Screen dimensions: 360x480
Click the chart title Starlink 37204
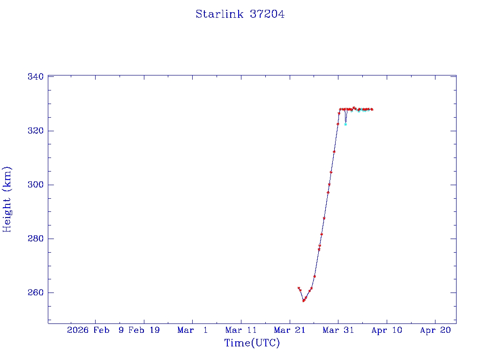tap(240, 15)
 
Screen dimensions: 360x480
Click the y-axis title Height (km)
tap(7, 199)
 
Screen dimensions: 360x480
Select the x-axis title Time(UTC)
tap(252, 343)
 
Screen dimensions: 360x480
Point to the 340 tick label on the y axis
tap(36, 76)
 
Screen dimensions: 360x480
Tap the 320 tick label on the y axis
tap(36, 131)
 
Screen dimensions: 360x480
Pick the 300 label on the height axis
tap(36, 185)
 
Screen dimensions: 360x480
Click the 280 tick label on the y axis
tap(36, 239)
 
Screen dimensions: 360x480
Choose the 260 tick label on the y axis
tap(36, 293)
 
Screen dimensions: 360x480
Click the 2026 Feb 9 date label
tap(95, 330)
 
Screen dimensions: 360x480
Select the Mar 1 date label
tap(193, 330)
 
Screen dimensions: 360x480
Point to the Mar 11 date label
tap(241, 330)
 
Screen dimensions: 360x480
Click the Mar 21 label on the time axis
tap(290, 330)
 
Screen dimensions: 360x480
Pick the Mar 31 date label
tap(338, 330)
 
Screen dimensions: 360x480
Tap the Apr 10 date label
tap(387, 330)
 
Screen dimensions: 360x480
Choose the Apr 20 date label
tap(435, 330)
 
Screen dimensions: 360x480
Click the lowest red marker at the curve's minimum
tap(304, 300)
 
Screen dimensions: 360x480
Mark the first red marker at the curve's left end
tap(299, 288)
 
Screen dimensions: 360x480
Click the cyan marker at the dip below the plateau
tap(345, 124)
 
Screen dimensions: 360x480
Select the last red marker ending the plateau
tap(372, 109)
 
